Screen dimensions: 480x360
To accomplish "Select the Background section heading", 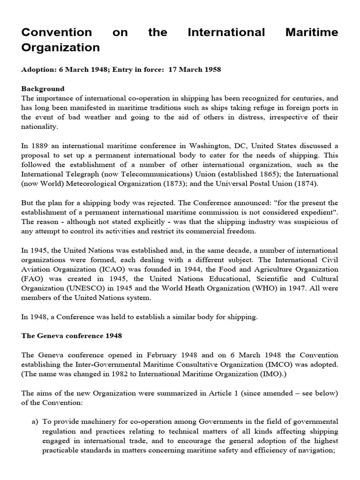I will [x=43, y=89].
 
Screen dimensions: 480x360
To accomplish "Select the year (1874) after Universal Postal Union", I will [x=305, y=183].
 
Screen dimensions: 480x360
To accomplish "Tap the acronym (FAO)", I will [x=32, y=279].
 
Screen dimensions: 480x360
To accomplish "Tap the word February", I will [x=166, y=355].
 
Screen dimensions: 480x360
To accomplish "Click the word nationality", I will [x=39, y=127].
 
